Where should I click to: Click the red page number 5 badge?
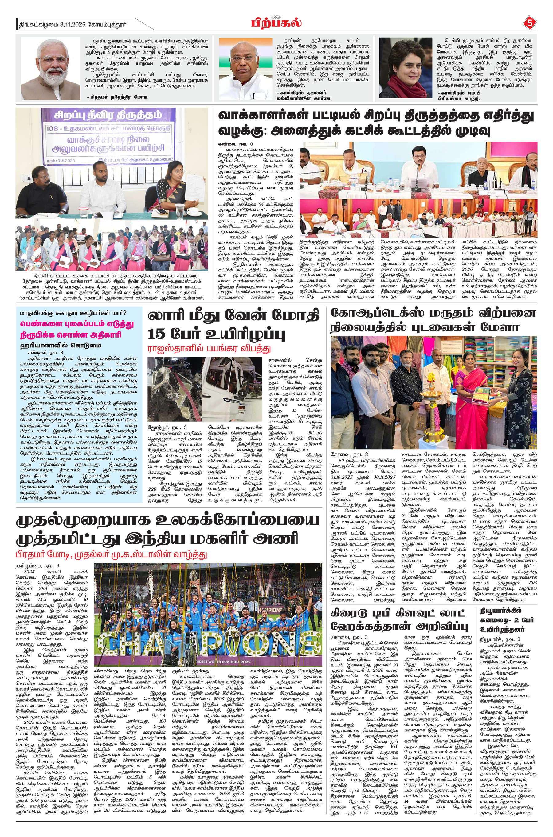pos(529,23)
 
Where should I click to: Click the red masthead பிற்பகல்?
pos(276,23)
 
